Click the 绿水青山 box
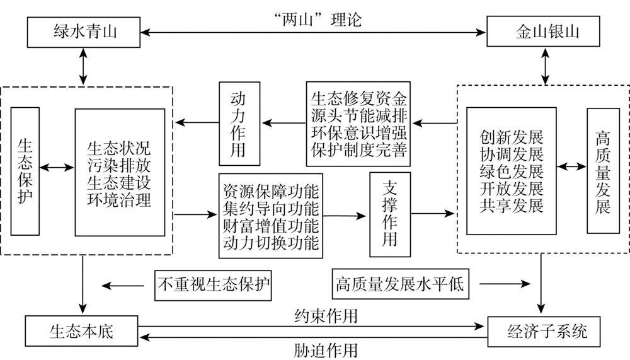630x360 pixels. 84,32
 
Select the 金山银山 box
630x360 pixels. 543,32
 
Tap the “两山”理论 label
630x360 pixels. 317,20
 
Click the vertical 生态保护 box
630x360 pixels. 25,171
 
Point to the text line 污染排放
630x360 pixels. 119,166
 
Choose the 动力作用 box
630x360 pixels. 239,124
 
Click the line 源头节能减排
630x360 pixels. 358,116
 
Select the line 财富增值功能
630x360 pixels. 271,226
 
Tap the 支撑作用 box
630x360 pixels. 390,214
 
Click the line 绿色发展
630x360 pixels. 511,171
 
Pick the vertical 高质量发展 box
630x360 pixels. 603,171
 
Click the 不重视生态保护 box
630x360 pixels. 213,286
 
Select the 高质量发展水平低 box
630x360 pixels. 400,284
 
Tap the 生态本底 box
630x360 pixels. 81,331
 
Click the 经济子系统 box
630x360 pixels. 544,332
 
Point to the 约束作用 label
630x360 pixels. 326,316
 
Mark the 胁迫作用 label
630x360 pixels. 326,351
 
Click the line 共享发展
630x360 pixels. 511,205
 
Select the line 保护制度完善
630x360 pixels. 358,149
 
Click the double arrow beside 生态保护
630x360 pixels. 57,167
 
